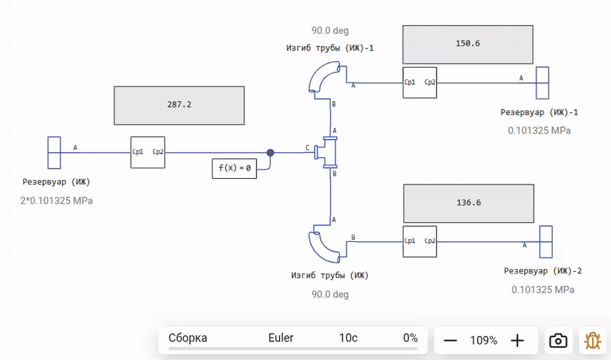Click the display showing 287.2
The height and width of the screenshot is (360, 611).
click(179, 106)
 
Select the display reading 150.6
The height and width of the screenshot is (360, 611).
click(468, 45)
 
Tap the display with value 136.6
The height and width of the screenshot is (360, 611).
click(468, 203)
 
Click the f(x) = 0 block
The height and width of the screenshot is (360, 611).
click(234, 169)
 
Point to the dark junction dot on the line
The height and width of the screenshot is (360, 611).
click(270, 153)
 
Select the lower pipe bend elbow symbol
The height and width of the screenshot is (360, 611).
click(325, 244)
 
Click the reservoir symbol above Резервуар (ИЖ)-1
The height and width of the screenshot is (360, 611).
click(542, 83)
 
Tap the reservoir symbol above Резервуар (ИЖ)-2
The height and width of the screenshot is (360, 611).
click(545, 242)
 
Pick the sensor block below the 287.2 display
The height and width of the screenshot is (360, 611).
click(148, 153)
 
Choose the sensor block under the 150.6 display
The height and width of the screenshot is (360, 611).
click(420, 83)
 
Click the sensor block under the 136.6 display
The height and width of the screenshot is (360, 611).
click(420, 242)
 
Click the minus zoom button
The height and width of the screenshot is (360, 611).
click(451, 340)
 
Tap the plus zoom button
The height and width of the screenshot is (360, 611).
click(517, 340)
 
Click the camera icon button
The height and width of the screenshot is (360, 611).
click(558, 340)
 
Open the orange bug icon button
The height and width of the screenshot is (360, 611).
click(592, 340)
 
